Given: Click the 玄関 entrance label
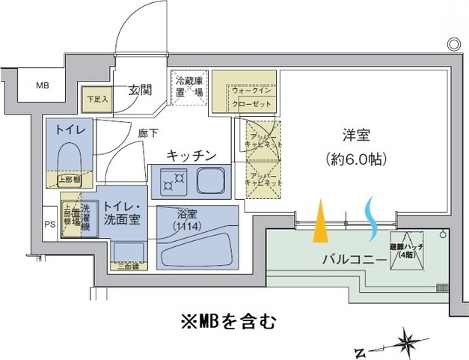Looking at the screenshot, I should click(139, 91).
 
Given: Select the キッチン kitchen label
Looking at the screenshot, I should click(191, 155).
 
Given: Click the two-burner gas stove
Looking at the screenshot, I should click(172, 180).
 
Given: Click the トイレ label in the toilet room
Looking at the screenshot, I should click(68, 129).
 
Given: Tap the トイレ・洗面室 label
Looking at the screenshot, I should click(122, 213).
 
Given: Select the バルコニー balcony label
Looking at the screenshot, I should click(355, 259).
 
